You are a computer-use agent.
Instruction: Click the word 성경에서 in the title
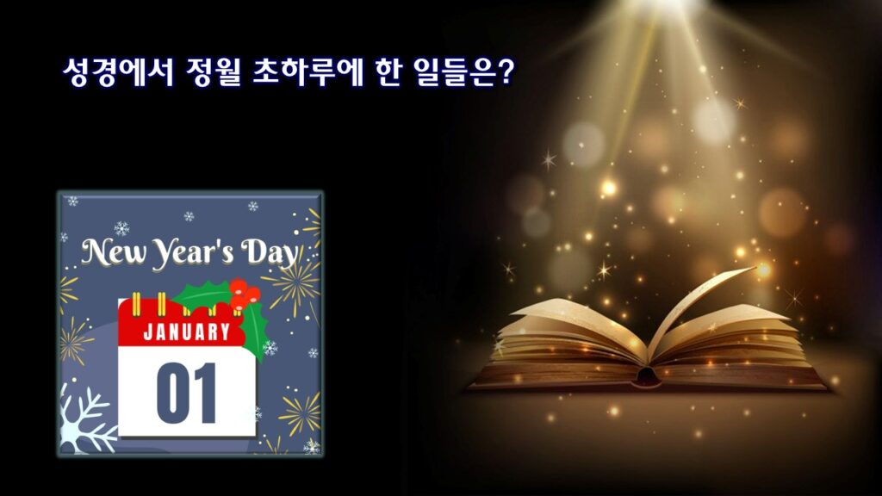click(118, 72)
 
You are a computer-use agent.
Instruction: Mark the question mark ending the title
click(506, 72)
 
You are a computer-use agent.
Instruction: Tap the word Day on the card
click(269, 254)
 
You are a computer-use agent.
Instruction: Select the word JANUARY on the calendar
click(187, 332)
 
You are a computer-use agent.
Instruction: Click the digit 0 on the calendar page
click(172, 392)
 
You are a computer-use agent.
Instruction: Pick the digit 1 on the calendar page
click(205, 392)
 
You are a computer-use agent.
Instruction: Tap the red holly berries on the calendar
click(244, 294)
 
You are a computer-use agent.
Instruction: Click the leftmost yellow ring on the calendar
click(135, 305)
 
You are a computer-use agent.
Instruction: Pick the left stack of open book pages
click(568, 343)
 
